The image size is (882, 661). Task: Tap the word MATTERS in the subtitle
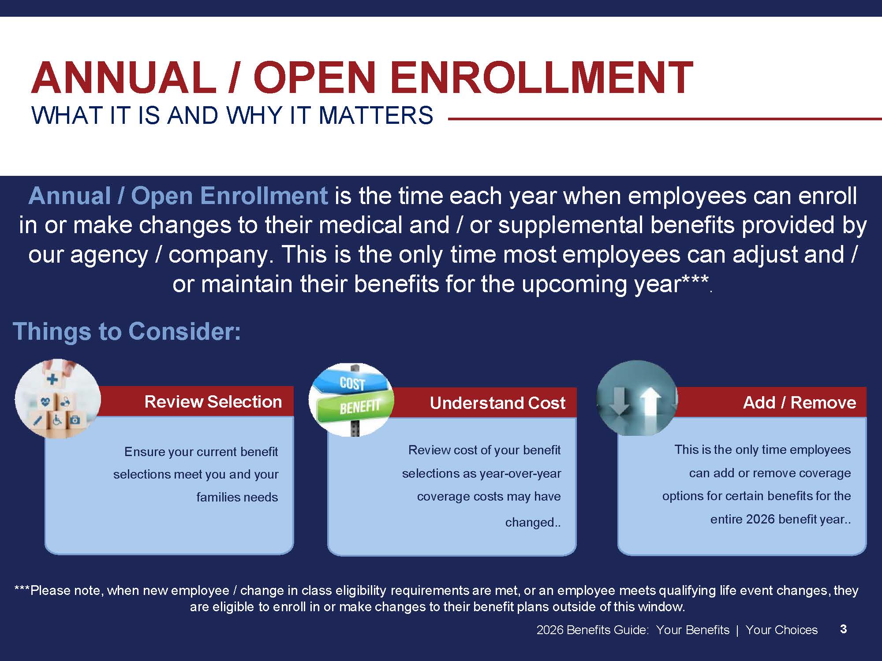click(x=376, y=115)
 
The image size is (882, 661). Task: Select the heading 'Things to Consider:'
click(x=127, y=331)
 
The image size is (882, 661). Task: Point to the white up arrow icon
click(x=650, y=407)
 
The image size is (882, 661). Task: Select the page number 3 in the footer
click(x=843, y=629)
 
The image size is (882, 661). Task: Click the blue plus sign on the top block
click(x=52, y=379)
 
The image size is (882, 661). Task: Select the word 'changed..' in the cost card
click(x=533, y=522)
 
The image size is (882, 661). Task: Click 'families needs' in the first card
click(x=237, y=497)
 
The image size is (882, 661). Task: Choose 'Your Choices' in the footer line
click(x=781, y=630)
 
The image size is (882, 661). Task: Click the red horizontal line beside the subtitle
click(x=665, y=119)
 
